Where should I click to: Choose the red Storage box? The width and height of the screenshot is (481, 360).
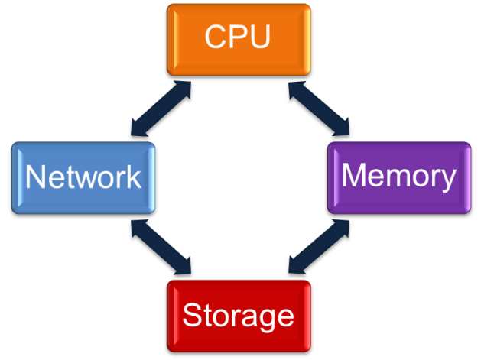[239, 313]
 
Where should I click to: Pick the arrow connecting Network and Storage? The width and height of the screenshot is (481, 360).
[161, 248]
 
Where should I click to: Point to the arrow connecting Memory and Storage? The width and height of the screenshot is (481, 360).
[318, 248]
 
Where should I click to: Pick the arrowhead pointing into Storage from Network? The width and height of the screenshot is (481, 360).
[184, 268]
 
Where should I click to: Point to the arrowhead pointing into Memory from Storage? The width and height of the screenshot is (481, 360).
[340, 228]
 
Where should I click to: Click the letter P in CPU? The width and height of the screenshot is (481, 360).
[238, 37]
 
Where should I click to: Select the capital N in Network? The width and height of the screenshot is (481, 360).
[35, 177]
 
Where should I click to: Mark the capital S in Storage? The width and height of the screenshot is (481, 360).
[192, 314]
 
